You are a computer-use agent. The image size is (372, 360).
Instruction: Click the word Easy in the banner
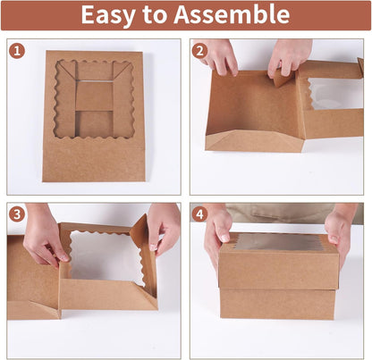click(x=107, y=15)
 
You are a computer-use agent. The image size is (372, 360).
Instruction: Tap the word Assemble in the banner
click(x=232, y=14)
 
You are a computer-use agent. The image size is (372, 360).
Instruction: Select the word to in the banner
click(x=154, y=14)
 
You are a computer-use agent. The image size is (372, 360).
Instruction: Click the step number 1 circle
click(x=17, y=51)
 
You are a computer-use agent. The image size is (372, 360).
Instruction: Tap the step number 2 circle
click(x=199, y=51)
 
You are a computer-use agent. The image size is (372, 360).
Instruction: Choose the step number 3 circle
click(x=17, y=214)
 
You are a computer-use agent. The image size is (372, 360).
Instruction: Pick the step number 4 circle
click(x=199, y=214)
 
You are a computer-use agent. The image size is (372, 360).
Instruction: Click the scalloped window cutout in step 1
click(x=95, y=99)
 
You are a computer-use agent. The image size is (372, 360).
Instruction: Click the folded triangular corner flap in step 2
click(x=283, y=79)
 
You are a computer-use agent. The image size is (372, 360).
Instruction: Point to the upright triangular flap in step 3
click(x=140, y=228)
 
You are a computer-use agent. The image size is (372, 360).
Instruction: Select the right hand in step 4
click(x=340, y=234)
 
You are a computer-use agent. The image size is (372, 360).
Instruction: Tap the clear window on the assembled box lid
click(x=279, y=242)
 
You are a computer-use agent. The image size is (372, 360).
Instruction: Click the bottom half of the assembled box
click(x=278, y=304)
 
